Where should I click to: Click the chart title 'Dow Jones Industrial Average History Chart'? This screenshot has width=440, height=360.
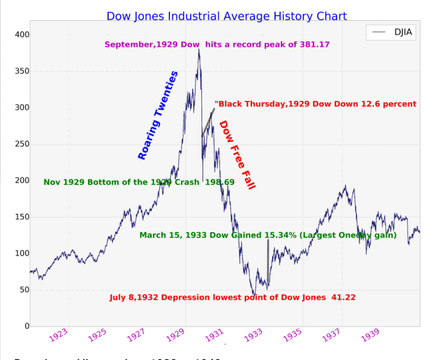[x=227, y=16]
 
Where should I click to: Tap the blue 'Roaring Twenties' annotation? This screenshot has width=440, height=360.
[x=158, y=115]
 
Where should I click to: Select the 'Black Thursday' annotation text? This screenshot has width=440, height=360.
[x=315, y=104]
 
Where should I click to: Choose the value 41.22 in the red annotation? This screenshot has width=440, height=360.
[x=343, y=297]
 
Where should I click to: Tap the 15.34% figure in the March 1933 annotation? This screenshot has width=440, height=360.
[x=282, y=235]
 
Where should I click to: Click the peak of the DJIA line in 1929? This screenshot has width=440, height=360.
[x=199, y=49]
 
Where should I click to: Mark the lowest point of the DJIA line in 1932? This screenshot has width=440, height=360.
[x=254, y=295]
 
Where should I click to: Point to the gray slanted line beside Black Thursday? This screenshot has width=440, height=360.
[x=208, y=122]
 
